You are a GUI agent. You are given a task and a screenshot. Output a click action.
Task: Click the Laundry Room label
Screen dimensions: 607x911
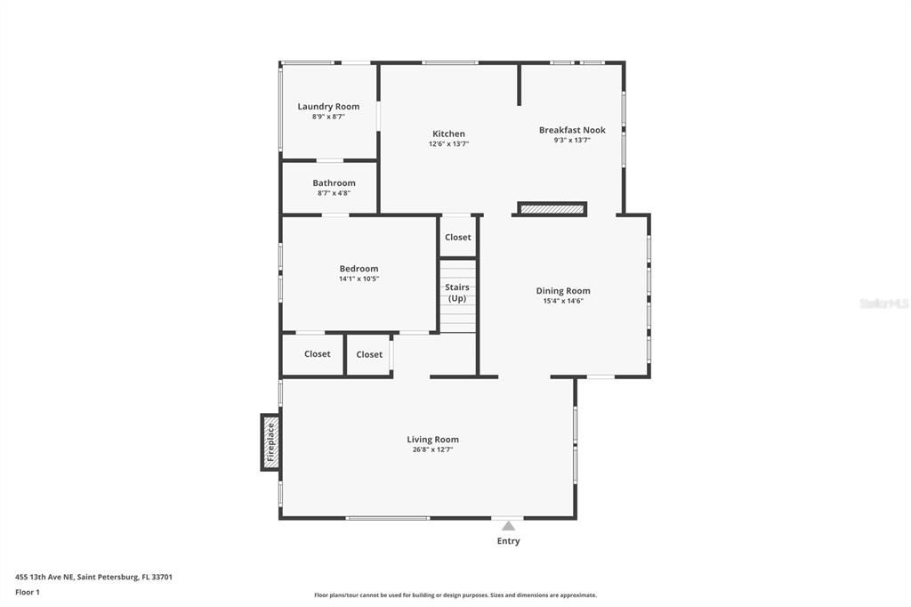click(328, 107)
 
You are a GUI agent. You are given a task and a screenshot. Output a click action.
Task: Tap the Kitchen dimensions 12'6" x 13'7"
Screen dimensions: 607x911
click(448, 143)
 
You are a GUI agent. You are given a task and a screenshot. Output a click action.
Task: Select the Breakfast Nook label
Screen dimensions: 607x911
click(572, 130)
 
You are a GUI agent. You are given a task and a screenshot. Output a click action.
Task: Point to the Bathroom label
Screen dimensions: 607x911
click(334, 183)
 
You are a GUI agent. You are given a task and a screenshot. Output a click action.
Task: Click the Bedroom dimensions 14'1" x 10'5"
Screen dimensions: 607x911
click(359, 279)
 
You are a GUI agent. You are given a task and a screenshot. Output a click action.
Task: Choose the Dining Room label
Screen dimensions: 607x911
click(562, 291)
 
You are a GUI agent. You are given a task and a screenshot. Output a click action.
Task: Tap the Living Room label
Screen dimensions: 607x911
click(432, 440)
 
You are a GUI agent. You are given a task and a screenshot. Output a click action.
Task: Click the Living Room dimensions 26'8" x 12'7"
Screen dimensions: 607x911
click(432, 449)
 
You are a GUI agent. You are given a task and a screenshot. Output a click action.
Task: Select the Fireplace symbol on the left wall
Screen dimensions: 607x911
click(270, 442)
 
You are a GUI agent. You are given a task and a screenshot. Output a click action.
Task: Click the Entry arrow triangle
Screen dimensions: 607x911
click(508, 526)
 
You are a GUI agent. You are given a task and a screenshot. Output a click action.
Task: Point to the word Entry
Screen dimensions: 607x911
click(508, 541)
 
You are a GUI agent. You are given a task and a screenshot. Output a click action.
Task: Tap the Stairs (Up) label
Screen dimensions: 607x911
click(457, 293)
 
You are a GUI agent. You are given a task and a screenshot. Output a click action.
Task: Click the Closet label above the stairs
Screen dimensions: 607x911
click(457, 238)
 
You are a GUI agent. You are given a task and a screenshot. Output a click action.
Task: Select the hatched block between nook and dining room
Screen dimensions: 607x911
click(552, 209)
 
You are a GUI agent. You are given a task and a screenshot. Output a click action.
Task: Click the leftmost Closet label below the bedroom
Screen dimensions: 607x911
click(317, 354)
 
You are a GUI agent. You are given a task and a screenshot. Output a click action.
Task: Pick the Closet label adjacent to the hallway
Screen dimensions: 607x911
click(369, 355)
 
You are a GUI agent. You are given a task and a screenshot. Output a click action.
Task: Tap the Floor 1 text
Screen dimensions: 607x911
click(28, 592)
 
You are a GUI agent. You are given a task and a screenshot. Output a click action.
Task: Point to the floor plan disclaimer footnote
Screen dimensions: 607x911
click(455, 595)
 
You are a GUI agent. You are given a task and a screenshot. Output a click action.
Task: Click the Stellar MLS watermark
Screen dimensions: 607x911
click(883, 303)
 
